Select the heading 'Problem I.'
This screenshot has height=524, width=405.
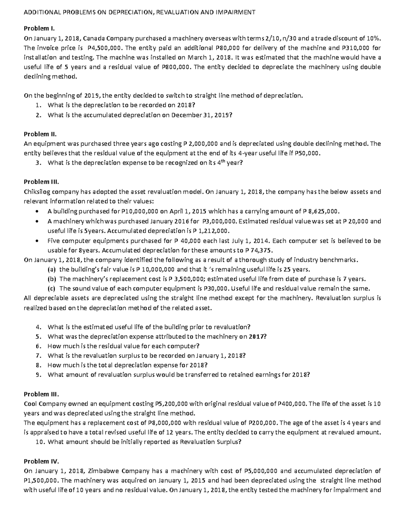[37, 28]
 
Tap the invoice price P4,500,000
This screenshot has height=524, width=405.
[102, 48]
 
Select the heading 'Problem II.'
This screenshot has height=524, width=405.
[38, 134]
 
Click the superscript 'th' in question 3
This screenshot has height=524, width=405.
[221, 161]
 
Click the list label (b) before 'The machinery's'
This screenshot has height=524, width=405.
[52, 279]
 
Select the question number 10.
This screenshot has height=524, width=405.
[40, 442]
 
